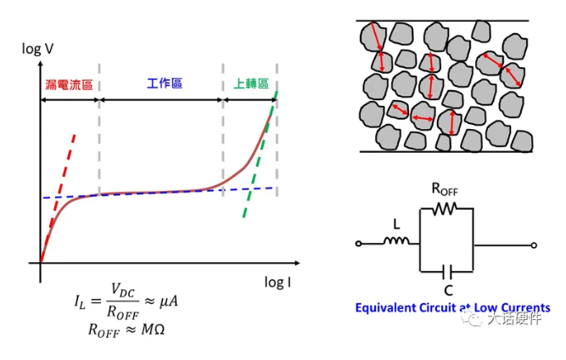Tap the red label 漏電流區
click(70, 85)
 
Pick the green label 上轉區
click(250, 84)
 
